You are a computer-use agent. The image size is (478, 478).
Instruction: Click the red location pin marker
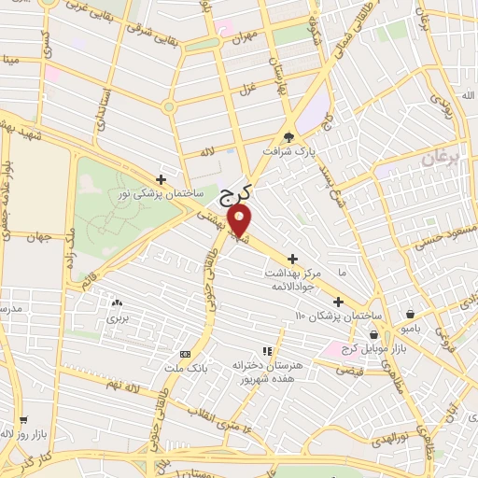point(240,219)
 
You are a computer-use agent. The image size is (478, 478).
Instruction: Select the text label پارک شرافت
point(285,150)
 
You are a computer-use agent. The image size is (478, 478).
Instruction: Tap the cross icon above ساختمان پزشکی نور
point(162,179)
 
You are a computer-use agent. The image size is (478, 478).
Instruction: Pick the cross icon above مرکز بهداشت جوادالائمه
point(293,259)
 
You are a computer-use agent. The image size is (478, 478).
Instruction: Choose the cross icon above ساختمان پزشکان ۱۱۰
point(337,302)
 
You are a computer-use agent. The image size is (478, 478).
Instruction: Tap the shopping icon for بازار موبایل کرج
point(374,334)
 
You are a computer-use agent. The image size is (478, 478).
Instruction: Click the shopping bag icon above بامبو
point(412,315)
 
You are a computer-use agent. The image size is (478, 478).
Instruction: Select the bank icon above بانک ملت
point(184,354)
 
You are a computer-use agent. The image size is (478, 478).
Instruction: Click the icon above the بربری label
point(117,303)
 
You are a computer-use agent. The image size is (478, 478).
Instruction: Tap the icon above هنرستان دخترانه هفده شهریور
point(267,352)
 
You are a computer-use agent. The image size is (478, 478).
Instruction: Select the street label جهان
point(37,238)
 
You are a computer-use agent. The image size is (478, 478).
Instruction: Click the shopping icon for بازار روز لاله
point(7,434)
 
